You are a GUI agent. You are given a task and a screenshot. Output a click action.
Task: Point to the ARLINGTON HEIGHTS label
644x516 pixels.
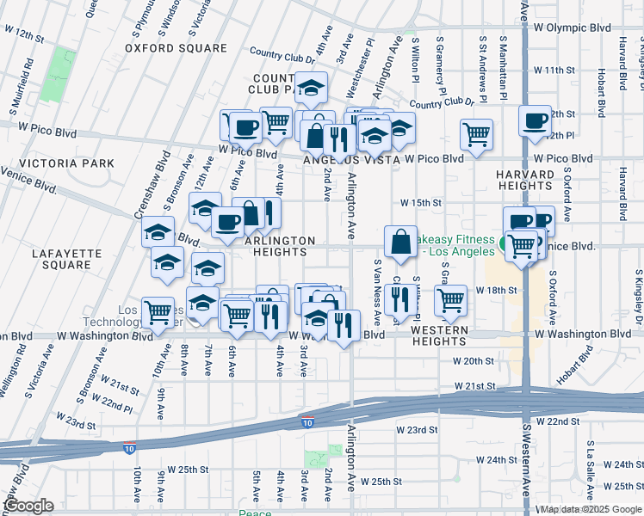pos(281,247)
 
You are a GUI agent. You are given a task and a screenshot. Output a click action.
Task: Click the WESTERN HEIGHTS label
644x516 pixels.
pos(439,335)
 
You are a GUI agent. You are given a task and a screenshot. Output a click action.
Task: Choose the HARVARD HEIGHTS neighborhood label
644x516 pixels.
pos(524,180)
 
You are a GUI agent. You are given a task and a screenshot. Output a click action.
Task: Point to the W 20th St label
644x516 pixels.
pos(474,361)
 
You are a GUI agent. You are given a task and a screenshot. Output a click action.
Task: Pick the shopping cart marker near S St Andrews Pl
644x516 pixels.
pos(476,134)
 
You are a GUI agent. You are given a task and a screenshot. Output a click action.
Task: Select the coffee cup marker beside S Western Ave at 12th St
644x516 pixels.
pos(535,120)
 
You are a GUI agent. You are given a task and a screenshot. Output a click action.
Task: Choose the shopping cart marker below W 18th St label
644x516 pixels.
pos(450,300)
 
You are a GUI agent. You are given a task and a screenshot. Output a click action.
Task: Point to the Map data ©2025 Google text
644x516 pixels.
pos(589,509)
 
